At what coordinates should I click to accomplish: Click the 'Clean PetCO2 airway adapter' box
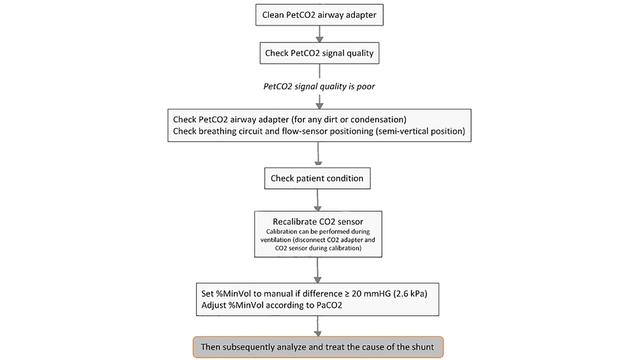[x=319, y=15]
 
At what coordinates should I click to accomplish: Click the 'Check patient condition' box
[x=319, y=179]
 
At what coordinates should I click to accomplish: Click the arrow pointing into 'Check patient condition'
[x=319, y=158]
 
